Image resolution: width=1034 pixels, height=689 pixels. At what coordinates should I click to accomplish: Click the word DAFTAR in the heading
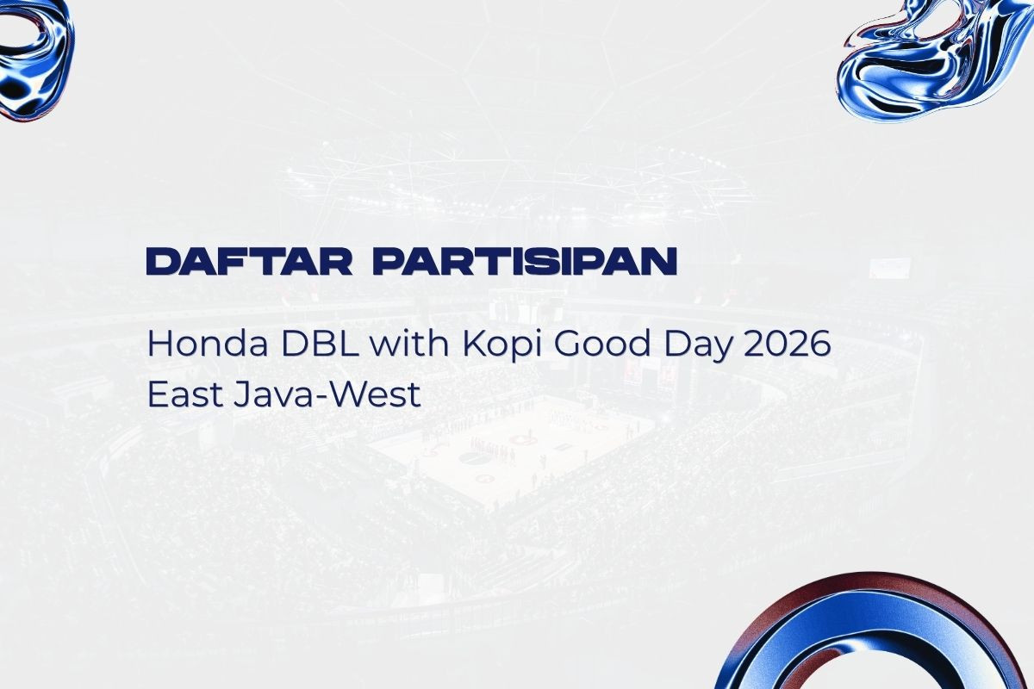[249, 262]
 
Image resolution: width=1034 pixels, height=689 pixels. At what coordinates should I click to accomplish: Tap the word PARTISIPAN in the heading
[526, 262]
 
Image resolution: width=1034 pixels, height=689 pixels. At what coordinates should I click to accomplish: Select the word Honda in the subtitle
[208, 344]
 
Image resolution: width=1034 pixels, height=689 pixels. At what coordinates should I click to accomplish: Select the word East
[184, 394]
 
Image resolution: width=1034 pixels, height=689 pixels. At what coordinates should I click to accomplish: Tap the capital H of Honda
[158, 344]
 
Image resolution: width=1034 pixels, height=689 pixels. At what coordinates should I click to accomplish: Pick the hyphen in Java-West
[312, 397]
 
